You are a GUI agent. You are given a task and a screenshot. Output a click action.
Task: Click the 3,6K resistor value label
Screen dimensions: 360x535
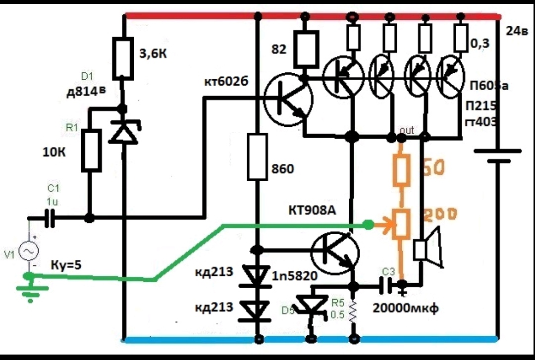tap(152, 54)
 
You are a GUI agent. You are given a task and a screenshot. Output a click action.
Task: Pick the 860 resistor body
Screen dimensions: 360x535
tap(258, 156)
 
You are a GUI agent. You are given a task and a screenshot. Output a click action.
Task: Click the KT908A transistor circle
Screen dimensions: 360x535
tap(335, 251)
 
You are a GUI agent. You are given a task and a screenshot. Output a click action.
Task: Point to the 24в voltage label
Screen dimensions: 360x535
tap(517, 31)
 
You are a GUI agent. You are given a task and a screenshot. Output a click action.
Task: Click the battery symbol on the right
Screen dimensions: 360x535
tap(497, 155)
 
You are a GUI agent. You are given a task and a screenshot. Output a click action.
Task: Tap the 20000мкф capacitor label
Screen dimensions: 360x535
tap(404, 308)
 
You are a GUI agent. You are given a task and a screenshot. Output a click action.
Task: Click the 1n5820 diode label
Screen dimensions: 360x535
tap(294, 276)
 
